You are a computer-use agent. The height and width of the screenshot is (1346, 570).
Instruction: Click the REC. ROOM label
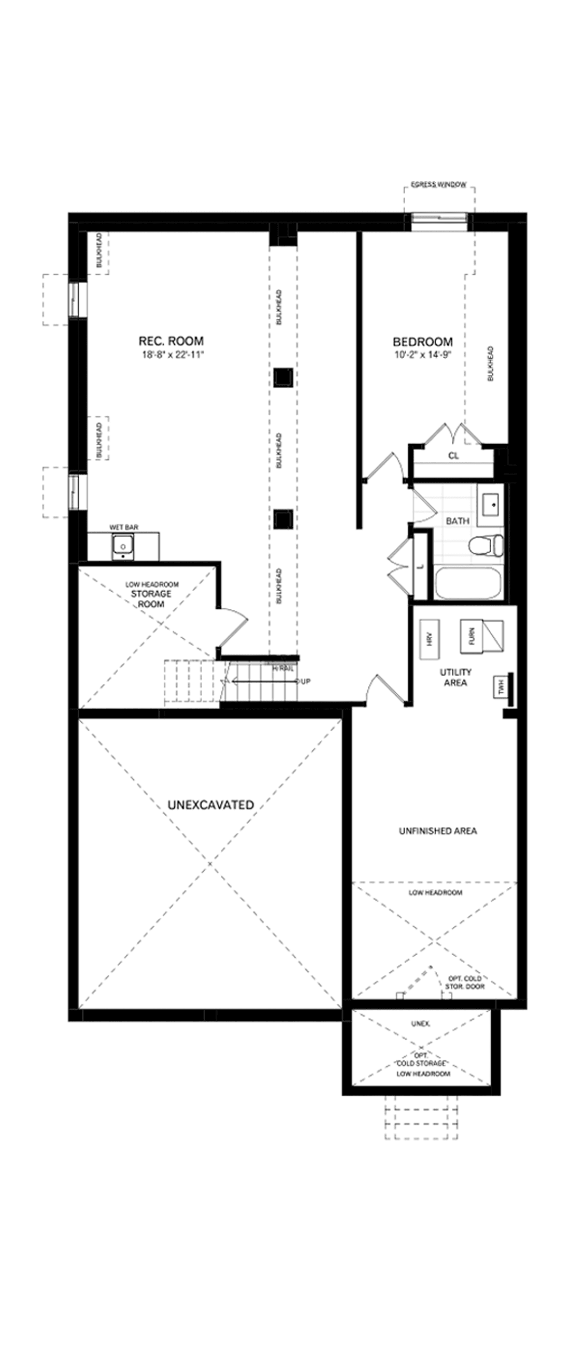point(170,341)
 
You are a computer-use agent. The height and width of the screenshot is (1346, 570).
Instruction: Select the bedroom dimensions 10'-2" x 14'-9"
point(422,355)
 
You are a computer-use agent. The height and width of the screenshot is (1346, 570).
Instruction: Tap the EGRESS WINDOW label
point(438,185)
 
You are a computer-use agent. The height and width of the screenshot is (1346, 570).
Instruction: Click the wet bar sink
point(123,547)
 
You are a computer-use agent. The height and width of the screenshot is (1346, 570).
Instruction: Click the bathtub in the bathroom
point(467,583)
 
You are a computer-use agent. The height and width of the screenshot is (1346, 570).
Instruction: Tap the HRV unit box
point(431,638)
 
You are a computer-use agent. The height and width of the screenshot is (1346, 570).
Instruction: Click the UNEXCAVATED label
point(210,805)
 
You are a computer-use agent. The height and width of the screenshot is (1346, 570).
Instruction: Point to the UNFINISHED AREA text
point(438,831)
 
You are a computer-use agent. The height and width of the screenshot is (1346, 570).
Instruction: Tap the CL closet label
point(453,456)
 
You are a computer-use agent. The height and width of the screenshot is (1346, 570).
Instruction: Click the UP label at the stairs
point(305,681)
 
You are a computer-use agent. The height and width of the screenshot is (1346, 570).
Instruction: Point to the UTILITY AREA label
point(455,677)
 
